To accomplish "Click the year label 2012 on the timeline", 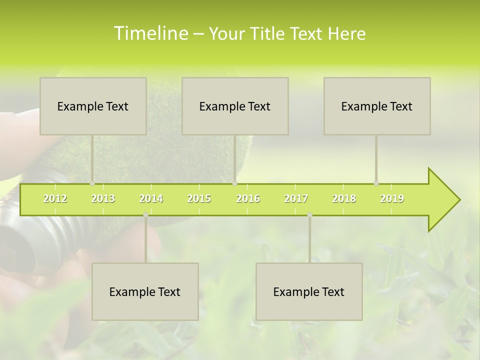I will (x=55, y=198).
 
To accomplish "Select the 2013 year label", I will (x=103, y=198).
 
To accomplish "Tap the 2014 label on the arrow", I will (x=151, y=198).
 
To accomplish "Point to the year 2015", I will (x=199, y=198).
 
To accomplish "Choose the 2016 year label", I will (x=248, y=198).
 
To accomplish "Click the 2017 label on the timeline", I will (x=296, y=198).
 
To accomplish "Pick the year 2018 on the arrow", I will (x=344, y=198).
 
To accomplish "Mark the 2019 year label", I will (x=392, y=198).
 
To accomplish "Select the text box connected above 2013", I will (x=93, y=106).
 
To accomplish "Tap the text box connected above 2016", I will (x=235, y=106).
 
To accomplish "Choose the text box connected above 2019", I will (x=377, y=106).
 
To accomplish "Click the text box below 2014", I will (x=145, y=291).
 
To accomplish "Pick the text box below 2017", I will (x=309, y=291).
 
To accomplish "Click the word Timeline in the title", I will (x=150, y=33).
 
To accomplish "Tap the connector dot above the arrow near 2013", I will (x=92, y=183).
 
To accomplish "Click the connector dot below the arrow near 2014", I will (x=145, y=215).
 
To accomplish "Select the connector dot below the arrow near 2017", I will (x=309, y=215).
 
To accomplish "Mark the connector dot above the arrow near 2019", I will (x=376, y=183).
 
